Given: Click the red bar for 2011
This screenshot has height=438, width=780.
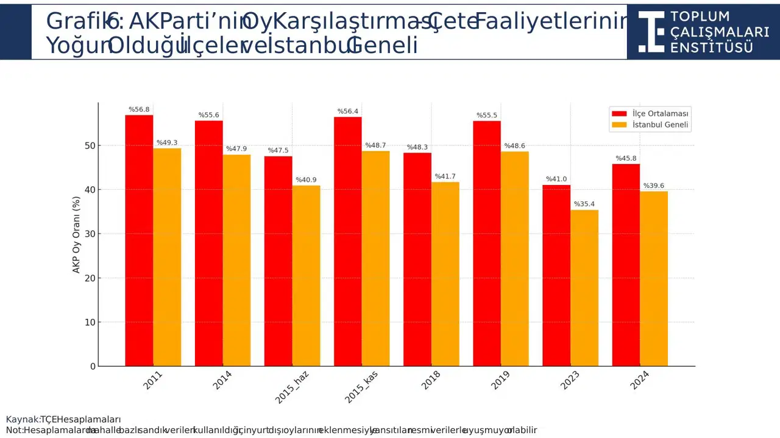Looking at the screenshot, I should [x=139, y=240].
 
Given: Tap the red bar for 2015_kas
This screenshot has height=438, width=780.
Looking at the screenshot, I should [x=347, y=241].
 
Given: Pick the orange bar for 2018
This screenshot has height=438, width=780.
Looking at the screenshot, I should [x=445, y=274].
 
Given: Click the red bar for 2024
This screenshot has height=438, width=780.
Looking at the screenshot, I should [x=626, y=265].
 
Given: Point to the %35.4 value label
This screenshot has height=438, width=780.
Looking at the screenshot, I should [x=584, y=204].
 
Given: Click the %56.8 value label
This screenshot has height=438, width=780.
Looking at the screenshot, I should [x=139, y=109].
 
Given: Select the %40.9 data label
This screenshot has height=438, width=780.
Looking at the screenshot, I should [x=306, y=180].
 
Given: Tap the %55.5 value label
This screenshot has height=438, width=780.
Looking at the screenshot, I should [x=487, y=115].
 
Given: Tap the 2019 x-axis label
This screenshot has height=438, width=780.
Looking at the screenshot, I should [x=500, y=380].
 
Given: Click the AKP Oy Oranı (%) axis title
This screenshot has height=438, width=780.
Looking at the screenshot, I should [x=77, y=234].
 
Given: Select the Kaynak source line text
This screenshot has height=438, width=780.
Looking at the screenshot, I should [x=63, y=419].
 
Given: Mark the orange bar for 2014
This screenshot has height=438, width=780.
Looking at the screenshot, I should [x=236, y=260].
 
